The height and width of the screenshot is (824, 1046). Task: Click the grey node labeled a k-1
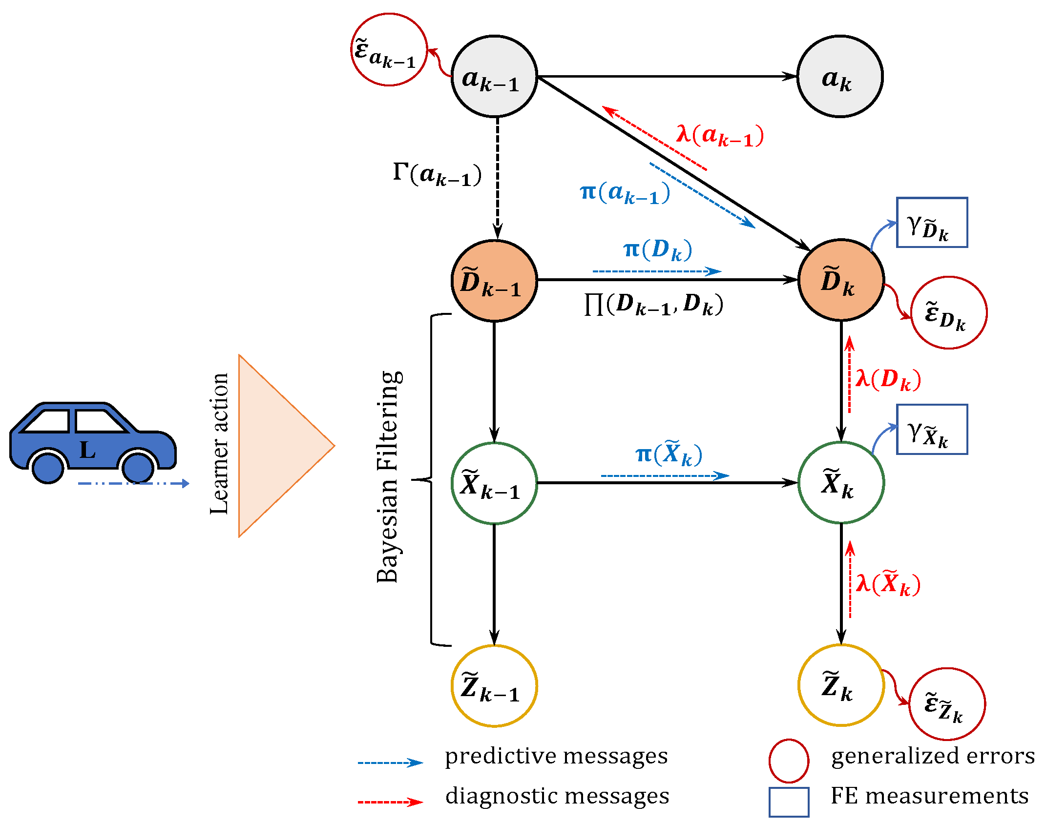pyautogui.click(x=494, y=77)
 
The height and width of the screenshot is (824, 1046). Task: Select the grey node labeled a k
pyautogui.click(x=840, y=77)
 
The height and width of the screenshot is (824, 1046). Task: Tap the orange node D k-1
pyautogui.click(x=494, y=281)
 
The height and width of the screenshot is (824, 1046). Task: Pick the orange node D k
pyautogui.click(x=841, y=280)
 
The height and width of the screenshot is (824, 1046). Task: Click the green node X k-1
pyautogui.click(x=494, y=483)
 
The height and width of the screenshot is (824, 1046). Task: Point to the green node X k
pyautogui.click(x=841, y=483)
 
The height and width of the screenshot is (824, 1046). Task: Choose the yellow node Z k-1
pyautogui.click(x=494, y=686)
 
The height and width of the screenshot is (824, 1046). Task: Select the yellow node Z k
pyautogui.click(x=841, y=685)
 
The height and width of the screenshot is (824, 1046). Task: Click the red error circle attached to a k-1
pyautogui.click(x=389, y=50)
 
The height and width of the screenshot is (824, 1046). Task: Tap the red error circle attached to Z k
pyautogui.click(x=947, y=704)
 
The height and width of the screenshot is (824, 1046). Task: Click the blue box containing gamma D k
pyautogui.click(x=932, y=223)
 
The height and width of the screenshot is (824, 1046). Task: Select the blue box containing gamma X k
pyautogui.click(x=932, y=430)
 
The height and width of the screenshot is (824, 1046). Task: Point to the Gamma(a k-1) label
pyautogui.click(x=437, y=175)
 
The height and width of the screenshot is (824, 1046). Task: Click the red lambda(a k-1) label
pyautogui.click(x=720, y=135)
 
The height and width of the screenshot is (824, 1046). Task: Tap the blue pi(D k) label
pyautogui.click(x=658, y=250)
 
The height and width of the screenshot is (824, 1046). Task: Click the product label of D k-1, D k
pyautogui.click(x=653, y=305)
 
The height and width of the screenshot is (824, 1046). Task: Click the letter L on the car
pyautogui.click(x=88, y=450)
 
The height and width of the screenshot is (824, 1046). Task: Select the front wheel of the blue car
pyautogui.click(x=138, y=467)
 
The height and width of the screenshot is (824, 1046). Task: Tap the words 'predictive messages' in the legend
pyautogui.click(x=556, y=756)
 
